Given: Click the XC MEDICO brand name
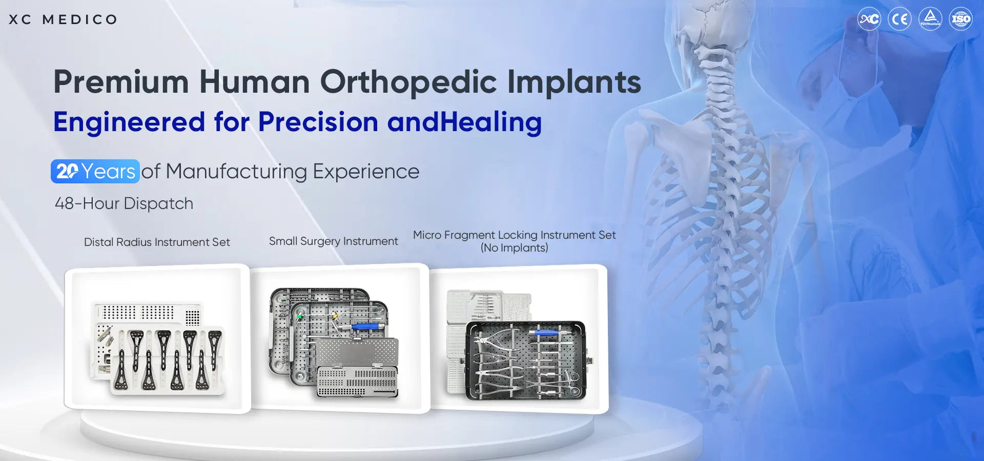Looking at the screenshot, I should pyautogui.click(x=63, y=19).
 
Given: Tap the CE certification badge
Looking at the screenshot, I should pyautogui.click(x=899, y=19).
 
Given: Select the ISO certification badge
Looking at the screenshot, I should pyautogui.click(x=960, y=19).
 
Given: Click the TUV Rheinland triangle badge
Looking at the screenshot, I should pyautogui.click(x=930, y=19).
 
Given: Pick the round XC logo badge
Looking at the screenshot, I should pyautogui.click(x=869, y=19).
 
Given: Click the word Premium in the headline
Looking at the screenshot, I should pyautogui.click(x=121, y=82).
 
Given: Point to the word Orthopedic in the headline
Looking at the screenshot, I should pyautogui.click(x=408, y=82).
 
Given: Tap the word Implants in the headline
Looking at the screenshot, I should pyautogui.click(x=574, y=82).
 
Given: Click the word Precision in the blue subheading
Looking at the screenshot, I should pyautogui.click(x=318, y=122).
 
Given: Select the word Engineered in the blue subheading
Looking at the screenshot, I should pyautogui.click(x=129, y=122).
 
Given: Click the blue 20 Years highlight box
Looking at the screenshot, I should pyautogui.click(x=95, y=171).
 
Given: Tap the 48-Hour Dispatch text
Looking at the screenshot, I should pyautogui.click(x=124, y=203).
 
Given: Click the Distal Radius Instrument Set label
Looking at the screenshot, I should pyautogui.click(x=157, y=242).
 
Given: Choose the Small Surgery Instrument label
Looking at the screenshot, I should pyautogui.click(x=333, y=241).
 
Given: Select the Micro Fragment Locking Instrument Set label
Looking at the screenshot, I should pyautogui.click(x=514, y=235).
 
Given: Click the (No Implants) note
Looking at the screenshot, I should pyautogui.click(x=514, y=248).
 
